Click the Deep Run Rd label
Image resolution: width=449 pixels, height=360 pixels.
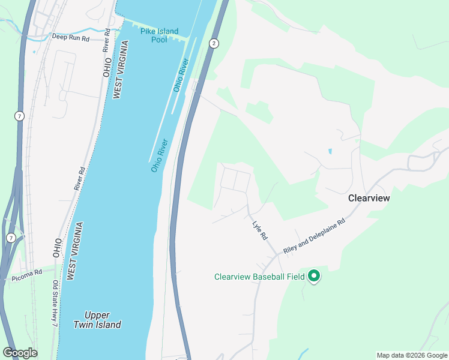[x=70, y=37]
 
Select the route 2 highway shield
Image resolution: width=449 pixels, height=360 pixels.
[x=214, y=43]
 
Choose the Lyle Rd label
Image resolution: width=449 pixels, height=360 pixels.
[x=259, y=229]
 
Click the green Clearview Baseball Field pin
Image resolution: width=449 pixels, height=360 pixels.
[x=314, y=276]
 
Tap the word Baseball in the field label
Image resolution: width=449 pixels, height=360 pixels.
[x=273, y=277]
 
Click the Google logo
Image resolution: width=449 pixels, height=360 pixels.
[x=20, y=353]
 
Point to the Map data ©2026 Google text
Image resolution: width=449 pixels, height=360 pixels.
[x=411, y=355]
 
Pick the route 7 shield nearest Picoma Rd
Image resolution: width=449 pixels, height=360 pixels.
[x=11, y=238]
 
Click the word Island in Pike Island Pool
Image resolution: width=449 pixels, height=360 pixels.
[x=165, y=31]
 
